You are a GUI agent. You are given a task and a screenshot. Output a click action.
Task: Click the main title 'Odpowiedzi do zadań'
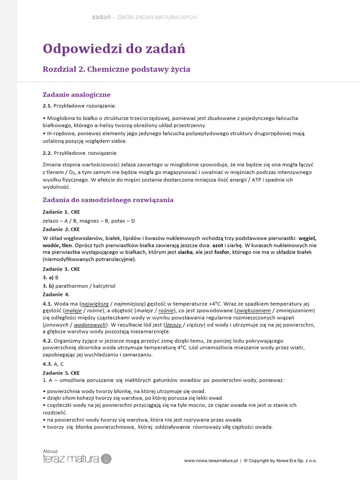pos(114,48)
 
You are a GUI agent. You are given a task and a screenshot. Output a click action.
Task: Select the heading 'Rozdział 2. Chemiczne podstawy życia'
pos(116,69)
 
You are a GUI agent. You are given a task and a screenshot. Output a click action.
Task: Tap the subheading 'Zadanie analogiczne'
pos(76,95)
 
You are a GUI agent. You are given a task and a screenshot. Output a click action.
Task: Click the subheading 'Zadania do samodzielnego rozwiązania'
pos(108,200)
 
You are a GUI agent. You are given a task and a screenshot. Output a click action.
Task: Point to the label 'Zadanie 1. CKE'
pos(61,212)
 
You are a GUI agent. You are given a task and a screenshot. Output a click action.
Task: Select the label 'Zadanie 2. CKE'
pos(61,229)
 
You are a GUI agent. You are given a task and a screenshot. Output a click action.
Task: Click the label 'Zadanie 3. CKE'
pos(61,269)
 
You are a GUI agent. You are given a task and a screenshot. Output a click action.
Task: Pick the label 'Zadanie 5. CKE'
pos(61,373)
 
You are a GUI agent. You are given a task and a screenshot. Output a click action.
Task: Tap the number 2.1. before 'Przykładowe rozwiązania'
pos(47,106)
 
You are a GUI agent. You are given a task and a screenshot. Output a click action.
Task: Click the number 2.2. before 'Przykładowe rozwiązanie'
pos(47,153)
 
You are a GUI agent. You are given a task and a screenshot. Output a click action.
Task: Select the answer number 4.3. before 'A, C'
pos(47,364)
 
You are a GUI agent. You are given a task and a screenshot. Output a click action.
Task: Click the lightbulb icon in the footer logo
pos(106,458)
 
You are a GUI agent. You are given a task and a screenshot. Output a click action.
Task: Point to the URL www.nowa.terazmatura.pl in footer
pos(211,461)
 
